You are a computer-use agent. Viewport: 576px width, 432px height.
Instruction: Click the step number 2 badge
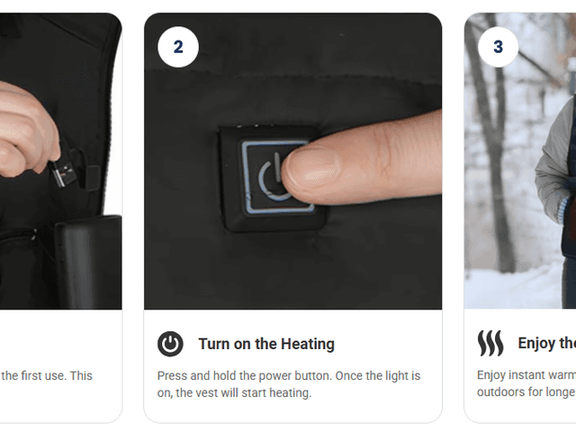pos(177,47)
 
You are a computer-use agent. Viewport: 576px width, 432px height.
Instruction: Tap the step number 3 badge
pos(498,47)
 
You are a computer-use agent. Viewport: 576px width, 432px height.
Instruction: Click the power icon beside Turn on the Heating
pos(170,344)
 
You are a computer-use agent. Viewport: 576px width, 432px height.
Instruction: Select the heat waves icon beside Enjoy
pos(490,343)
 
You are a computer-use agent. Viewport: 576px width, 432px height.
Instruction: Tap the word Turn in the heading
pos(215,344)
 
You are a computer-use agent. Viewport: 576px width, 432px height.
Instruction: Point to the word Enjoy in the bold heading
pos(537,344)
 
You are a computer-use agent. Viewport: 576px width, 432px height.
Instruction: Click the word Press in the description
pos(175,375)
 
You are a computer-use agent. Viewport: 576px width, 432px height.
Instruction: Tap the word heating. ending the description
pos(288,393)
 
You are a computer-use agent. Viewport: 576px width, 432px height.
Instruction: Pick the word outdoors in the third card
pos(503,393)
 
